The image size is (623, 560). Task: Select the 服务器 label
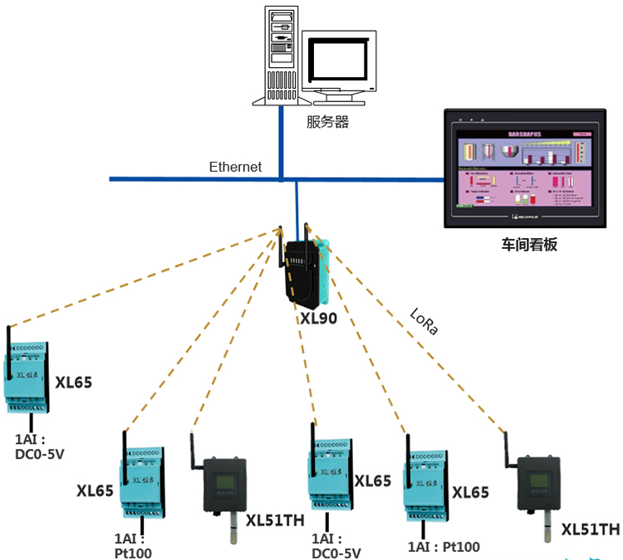326,123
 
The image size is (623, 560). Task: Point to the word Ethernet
235,167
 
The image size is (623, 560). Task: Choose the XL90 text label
319,317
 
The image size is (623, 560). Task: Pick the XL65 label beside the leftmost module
73,382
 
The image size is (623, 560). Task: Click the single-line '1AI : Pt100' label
444,546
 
